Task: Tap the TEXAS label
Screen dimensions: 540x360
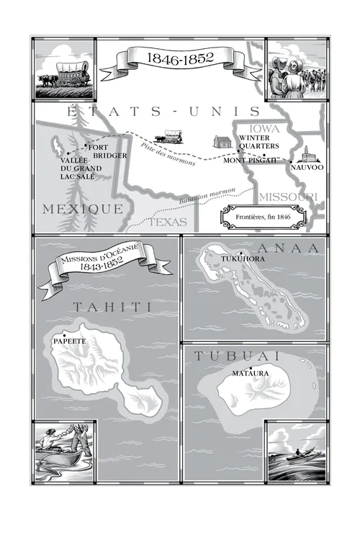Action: pyautogui.click(x=167, y=222)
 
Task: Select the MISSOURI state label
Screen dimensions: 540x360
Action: pyautogui.click(x=287, y=197)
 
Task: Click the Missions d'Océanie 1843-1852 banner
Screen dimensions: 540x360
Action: pyautogui.click(x=96, y=267)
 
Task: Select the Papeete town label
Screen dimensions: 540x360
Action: pyautogui.click(x=70, y=341)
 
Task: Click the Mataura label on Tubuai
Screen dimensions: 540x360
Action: pyautogui.click(x=251, y=374)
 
